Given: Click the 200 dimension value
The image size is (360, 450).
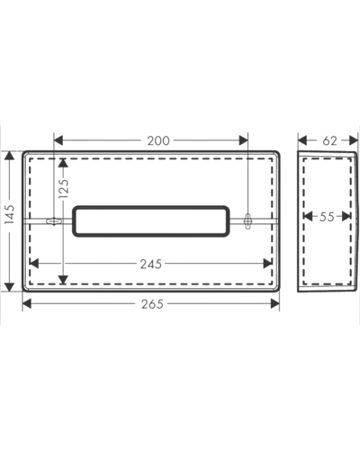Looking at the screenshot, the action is click(158, 140).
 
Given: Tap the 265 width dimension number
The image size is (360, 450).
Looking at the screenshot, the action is click(152, 304).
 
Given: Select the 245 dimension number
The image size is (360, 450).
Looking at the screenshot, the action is click(151, 264).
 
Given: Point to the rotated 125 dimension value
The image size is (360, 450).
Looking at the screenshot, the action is click(64, 188).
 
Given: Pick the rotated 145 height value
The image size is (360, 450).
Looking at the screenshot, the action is click(10, 214).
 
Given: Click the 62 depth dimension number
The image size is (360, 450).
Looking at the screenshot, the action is click(329, 140).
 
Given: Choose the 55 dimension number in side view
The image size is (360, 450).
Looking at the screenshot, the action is click(327, 216).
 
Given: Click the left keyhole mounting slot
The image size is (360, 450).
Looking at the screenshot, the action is click(54, 221).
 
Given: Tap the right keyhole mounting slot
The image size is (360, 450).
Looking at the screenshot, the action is click(247, 221).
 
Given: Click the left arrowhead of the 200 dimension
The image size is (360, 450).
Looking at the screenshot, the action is click(58, 140).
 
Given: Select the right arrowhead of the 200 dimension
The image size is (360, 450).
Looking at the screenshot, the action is click(243, 140).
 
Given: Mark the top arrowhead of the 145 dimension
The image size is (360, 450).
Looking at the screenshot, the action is click(10, 156).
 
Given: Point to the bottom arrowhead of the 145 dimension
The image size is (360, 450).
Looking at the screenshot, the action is click(10, 286).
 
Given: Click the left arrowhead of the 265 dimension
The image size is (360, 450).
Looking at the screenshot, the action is click(27, 303).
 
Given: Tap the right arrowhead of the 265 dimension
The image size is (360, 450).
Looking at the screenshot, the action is click(275, 303).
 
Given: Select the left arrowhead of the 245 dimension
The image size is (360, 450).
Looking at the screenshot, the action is click(34, 264).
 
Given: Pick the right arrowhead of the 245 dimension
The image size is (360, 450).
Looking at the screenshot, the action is click(267, 264).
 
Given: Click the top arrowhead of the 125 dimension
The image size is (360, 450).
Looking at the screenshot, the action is click(63, 163).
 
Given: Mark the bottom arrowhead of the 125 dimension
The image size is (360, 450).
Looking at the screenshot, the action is click(63, 280).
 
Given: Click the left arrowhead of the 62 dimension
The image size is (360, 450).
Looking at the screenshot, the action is click(302, 140).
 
